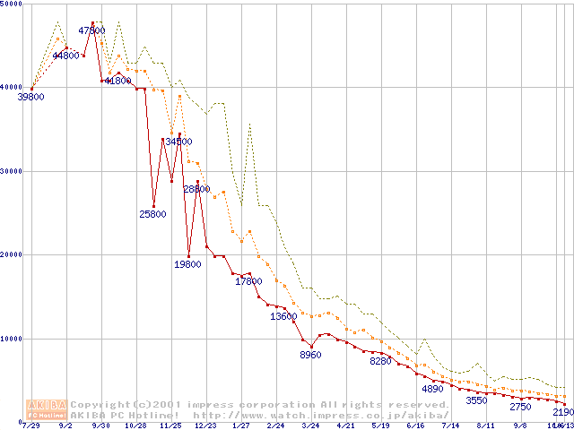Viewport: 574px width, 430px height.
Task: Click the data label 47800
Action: pyautogui.click(x=92, y=30)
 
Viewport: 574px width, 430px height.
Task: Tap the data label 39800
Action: pyautogui.click(x=30, y=97)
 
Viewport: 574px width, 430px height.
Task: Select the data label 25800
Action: pyautogui.click(x=152, y=214)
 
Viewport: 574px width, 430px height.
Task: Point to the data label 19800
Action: pyautogui.click(x=187, y=264)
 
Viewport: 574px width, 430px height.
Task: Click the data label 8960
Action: pyautogui.click(x=310, y=356)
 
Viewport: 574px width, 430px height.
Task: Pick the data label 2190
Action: pyautogui.click(x=563, y=412)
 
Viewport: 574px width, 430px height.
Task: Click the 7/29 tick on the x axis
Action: pyautogui.click(x=31, y=426)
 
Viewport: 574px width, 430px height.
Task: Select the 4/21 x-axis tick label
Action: pyautogui.click(x=346, y=426)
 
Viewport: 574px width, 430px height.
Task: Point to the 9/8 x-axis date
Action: pyautogui.click(x=520, y=426)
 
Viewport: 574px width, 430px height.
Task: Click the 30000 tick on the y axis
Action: pyautogui.click(x=13, y=171)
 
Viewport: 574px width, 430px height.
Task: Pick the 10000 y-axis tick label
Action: pyautogui.click(x=13, y=339)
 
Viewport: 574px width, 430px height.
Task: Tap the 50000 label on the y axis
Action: pyautogui.click(x=13, y=4)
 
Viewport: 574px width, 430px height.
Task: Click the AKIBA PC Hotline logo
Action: pyautogui.click(x=48, y=409)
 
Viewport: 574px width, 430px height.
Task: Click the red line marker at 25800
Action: pyautogui.click(x=153, y=206)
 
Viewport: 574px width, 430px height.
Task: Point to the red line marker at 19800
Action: pyautogui.click(x=188, y=256)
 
